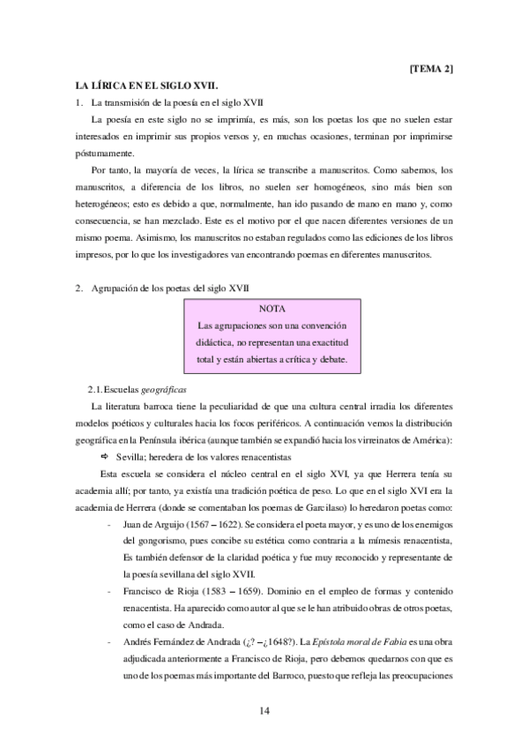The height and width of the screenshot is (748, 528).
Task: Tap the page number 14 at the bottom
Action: click(264, 711)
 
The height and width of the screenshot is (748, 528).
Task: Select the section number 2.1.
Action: click(96, 389)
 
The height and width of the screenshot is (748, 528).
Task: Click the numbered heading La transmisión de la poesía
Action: click(175, 104)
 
